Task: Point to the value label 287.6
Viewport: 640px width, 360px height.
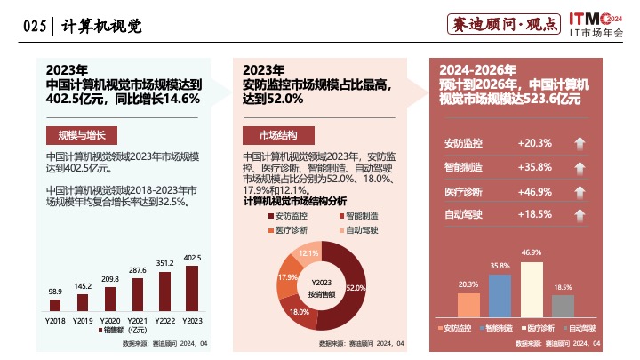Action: tap(138, 269)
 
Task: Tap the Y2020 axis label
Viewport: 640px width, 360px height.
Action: tap(110, 319)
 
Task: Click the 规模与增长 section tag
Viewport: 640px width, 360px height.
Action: tap(81, 135)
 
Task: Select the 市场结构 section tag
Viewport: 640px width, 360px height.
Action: tap(278, 135)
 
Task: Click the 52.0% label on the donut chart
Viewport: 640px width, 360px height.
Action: tap(356, 288)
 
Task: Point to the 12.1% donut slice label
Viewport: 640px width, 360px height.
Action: tap(308, 253)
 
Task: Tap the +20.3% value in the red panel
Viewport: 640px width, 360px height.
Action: tap(534, 143)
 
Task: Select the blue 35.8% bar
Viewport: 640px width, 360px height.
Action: tap(500, 295)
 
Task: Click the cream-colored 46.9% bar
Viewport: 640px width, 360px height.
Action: tap(532, 289)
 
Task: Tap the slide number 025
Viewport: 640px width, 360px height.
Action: tap(33, 26)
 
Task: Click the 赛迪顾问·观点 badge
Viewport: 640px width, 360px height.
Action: tap(500, 25)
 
